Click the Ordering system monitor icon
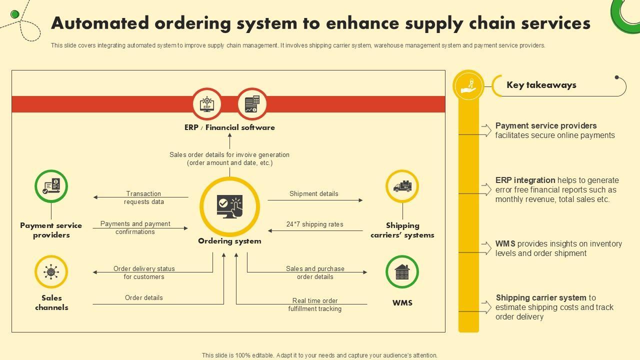pos(229,206)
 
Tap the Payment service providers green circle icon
pos(51,186)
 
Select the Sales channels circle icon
pos(51,272)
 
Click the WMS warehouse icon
pos(402,272)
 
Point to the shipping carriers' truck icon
pos(402,186)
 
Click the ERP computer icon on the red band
pos(207,104)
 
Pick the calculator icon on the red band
pos(252,104)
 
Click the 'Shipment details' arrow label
pos(314,193)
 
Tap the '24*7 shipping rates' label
pos(315,224)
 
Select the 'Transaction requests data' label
pos(144,197)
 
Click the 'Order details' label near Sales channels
pos(144,297)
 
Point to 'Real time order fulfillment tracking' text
pos(315,304)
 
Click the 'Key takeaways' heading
pos(541,85)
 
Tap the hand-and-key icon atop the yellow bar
pos(468,85)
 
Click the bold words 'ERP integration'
pos(525,180)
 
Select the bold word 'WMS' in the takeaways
pos(505,244)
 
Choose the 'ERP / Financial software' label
pos(229,127)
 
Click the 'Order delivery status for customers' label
pos(144,272)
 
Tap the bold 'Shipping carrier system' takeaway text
pos(541,298)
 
